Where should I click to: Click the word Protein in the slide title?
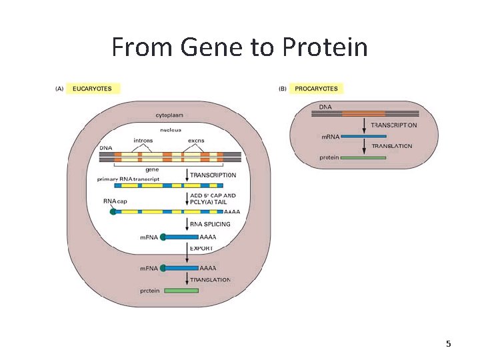pyautogui.click(x=325, y=48)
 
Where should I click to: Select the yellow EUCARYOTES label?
pyautogui.click(x=92, y=88)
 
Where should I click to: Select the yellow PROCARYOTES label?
pyautogui.click(x=316, y=88)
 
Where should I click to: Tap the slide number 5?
pyautogui.click(x=448, y=344)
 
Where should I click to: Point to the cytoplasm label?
pyautogui.click(x=169, y=115)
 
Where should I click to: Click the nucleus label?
pyautogui.click(x=170, y=129)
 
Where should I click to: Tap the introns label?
pyautogui.click(x=143, y=141)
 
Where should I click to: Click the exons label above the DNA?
pyautogui.click(x=196, y=141)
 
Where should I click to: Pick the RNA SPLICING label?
pyautogui.click(x=211, y=224)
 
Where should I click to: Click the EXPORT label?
pyautogui.click(x=202, y=248)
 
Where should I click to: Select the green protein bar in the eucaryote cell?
pyautogui.click(x=181, y=291)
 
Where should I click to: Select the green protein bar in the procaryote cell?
pyautogui.click(x=363, y=158)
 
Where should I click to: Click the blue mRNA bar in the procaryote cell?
pyautogui.click(x=363, y=137)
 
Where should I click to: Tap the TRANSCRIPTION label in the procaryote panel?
pyautogui.click(x=393, y=125)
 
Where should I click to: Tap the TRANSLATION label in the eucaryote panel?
pyautogui.click(x=210, y=280)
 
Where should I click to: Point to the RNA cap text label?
pyautogui.click(x=115, y=201)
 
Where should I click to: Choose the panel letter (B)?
pyautogui.click(x=283, y=88)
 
